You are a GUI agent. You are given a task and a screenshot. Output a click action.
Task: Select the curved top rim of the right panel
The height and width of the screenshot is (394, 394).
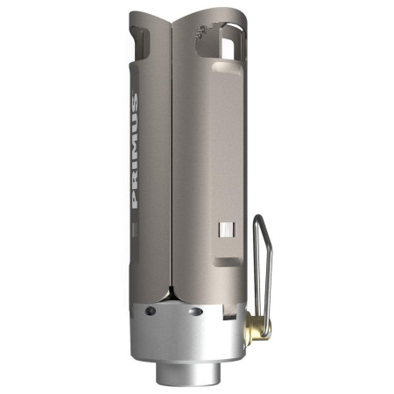[x=210, y=18]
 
